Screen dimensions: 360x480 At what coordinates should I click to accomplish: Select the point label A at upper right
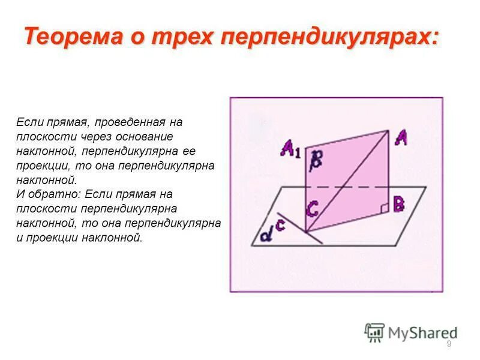coord(401,139)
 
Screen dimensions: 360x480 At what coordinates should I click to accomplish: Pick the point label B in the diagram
coord(400,204)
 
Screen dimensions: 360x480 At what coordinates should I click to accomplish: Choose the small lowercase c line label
coord(280,226)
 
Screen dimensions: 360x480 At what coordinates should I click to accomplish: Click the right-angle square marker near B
coord(384,208)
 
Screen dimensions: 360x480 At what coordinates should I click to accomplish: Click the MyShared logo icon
coord(375,332)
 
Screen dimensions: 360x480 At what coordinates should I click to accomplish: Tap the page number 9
coord(449,344)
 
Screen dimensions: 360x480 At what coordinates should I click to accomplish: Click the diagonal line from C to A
coord(348,180)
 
